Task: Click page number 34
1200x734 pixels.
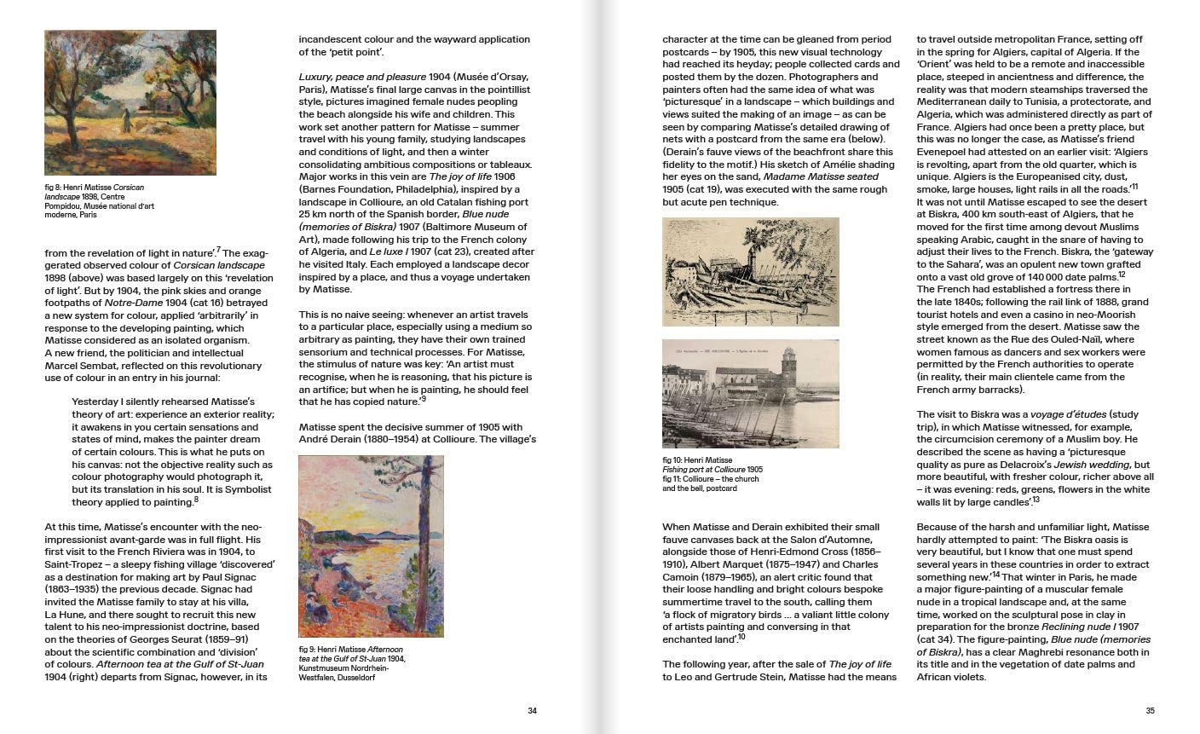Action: click(x=532, y=711)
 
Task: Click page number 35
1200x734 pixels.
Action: click(x=1150, y=711)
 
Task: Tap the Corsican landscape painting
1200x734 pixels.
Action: click(x=130, y=102)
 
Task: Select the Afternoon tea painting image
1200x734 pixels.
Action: click(x=371, y=546)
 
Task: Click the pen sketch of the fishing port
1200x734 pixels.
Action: click(x=750, y=272)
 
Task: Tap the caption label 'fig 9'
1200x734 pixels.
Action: click(x=308, y=649)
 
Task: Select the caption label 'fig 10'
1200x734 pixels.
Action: click(x=672, y=460)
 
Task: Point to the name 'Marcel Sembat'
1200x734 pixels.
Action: click(x=79, y=366)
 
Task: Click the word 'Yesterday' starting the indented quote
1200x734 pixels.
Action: click(x=96, y=402)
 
